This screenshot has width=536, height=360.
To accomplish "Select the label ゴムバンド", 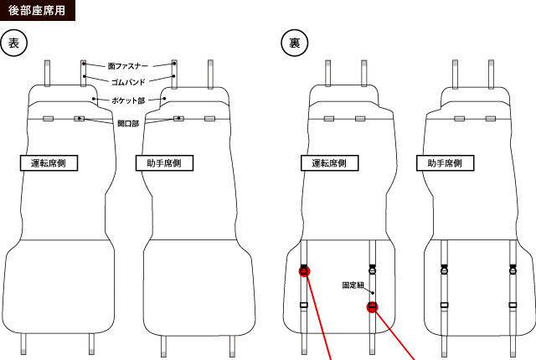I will pos(129,82).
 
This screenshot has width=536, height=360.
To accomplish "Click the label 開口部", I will pos(128,123).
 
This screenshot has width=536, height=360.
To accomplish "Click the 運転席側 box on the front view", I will pos(49,162).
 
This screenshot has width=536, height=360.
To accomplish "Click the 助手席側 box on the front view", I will pos(166,162).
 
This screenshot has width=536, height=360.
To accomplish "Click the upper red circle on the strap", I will pos(304,270).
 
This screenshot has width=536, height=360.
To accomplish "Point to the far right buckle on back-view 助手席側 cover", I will pos(513,270).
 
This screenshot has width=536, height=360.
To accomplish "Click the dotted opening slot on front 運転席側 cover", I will pos(79,119).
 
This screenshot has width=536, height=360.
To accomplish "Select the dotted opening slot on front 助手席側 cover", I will pos(178,119).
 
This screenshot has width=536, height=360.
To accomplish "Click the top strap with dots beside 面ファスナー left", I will pos(84,73).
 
